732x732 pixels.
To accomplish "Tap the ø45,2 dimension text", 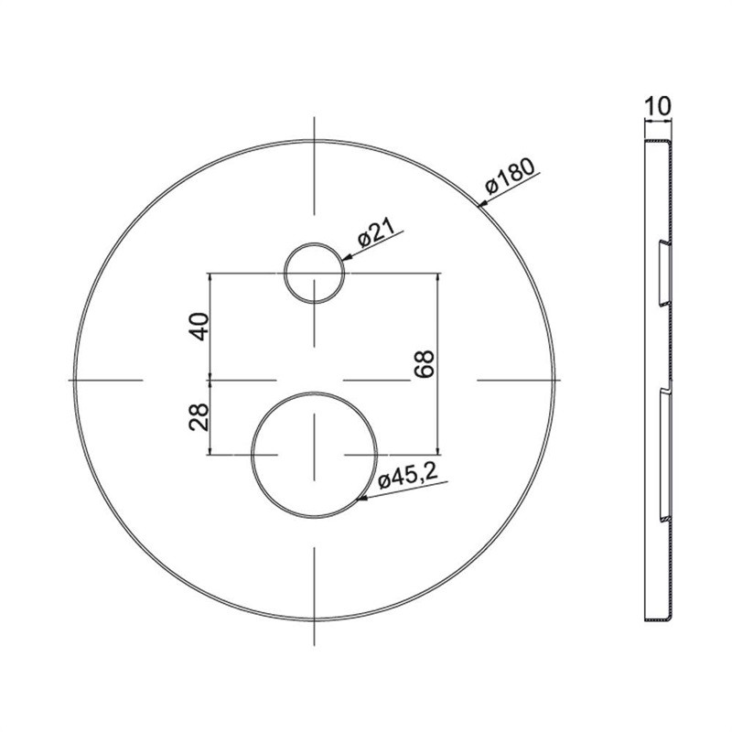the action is pyautogui.click(x=408, y=476).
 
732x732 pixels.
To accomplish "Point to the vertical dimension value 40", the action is pyautogui.click(x=199, y=327).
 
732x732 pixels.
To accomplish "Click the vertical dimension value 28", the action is pyautogui.click(x=199, y=417).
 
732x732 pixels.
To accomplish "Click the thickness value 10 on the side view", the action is pyautogui.click(x=658, y=106).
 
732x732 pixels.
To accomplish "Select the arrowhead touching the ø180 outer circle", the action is pyautogui.click(x=483, y=203).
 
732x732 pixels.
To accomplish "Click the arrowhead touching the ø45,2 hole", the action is pyautogui.click(x=361, y=499).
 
